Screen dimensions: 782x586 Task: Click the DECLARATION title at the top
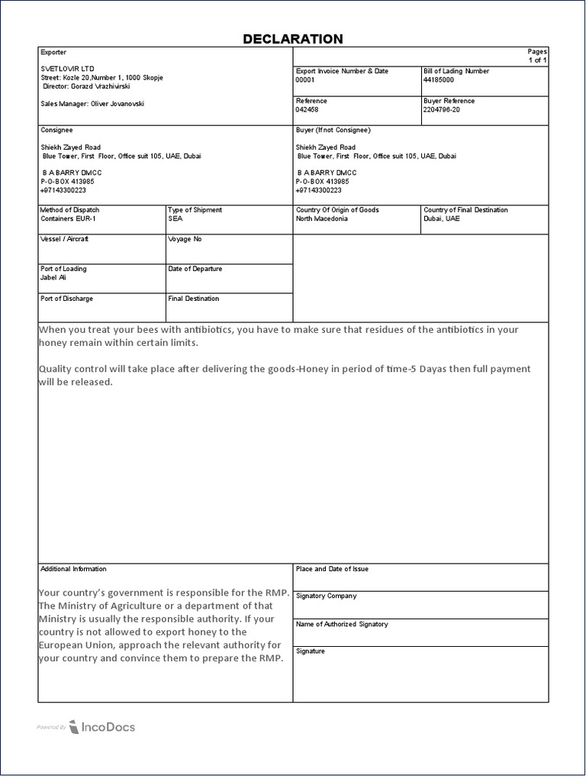(x=292, y=39)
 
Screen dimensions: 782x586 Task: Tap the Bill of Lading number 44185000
(x=439, y=79)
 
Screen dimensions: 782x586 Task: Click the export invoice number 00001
(x=305, y=79)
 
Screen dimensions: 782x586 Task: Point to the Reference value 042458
(x=307, y=109)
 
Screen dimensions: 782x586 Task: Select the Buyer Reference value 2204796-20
(x=442, y=109)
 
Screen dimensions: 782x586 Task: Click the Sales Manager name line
(x=92, y=103)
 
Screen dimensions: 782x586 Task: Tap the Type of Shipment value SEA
(x=175, y=218)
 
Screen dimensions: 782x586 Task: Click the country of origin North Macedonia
(x=321, y=218)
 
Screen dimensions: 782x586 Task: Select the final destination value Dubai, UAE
(x=442, y=218)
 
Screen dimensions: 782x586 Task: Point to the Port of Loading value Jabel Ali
(x=53, y=277)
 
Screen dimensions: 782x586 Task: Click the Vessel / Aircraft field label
(x=64, y=239)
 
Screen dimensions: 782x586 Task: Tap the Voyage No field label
(x=185, y=239)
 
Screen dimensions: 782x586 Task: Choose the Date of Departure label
(x=195, y=269)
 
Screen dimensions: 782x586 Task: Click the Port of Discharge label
(x=66, y=299)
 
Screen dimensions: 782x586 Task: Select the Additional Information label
(x=73, y=569)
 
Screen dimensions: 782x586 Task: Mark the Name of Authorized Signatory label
(x=342, y=624)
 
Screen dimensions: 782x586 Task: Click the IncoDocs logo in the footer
(x=101, y=727)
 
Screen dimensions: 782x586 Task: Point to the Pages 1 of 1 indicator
(x=537, y=56)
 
